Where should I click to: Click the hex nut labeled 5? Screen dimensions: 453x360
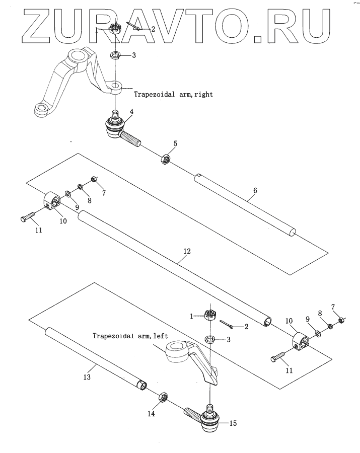tap(165, 160)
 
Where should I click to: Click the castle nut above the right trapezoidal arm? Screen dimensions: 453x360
tap(115, 30)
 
